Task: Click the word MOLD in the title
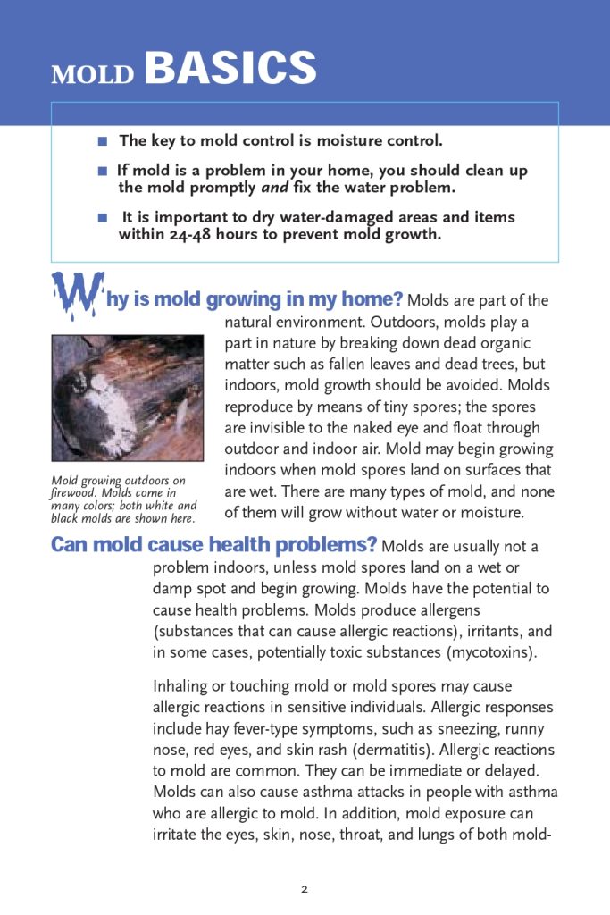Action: tap(93, 75)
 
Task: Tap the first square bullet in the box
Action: tap(103, 141)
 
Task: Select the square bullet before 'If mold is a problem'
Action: tap(103, 171)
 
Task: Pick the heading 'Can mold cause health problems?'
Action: tap(213, 545)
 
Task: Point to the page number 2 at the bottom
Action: tap(305, 889)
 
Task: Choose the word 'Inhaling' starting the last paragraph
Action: tap(181, 686)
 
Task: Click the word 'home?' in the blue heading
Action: tap(374, 299)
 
